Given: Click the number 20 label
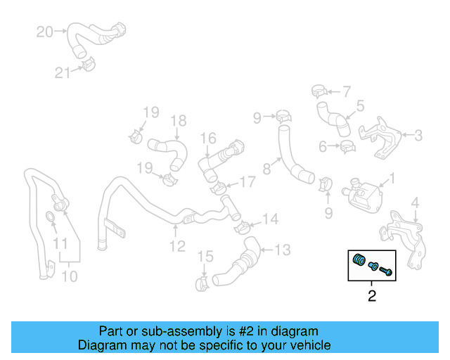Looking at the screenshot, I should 44,32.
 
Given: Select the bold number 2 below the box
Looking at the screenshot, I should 372,296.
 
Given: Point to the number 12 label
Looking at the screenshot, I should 176,246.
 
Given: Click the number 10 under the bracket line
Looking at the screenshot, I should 69,276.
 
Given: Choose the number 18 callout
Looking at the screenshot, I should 178,120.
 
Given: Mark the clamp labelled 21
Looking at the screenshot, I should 86,65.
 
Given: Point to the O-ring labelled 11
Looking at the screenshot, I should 53,216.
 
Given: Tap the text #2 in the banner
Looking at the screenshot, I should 234,331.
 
